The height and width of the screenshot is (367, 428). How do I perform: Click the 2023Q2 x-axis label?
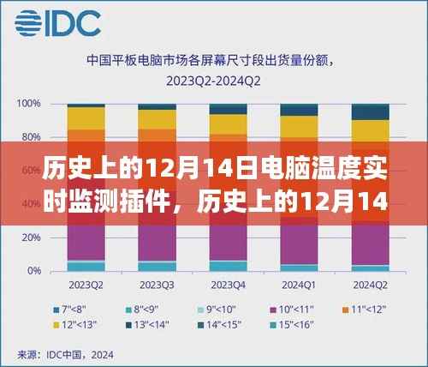86,285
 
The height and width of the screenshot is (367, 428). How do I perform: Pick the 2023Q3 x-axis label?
158,285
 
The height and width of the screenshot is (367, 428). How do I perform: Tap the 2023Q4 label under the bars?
229,285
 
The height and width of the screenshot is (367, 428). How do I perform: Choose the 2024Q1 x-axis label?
300,285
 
